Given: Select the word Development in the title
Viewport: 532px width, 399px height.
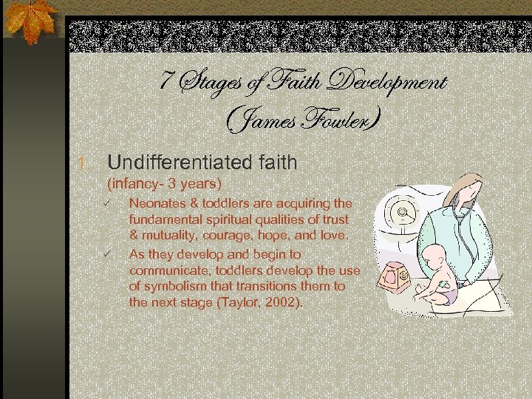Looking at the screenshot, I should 389,83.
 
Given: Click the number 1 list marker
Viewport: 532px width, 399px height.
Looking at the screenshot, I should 83,163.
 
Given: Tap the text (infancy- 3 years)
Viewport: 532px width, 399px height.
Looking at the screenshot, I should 165,183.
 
